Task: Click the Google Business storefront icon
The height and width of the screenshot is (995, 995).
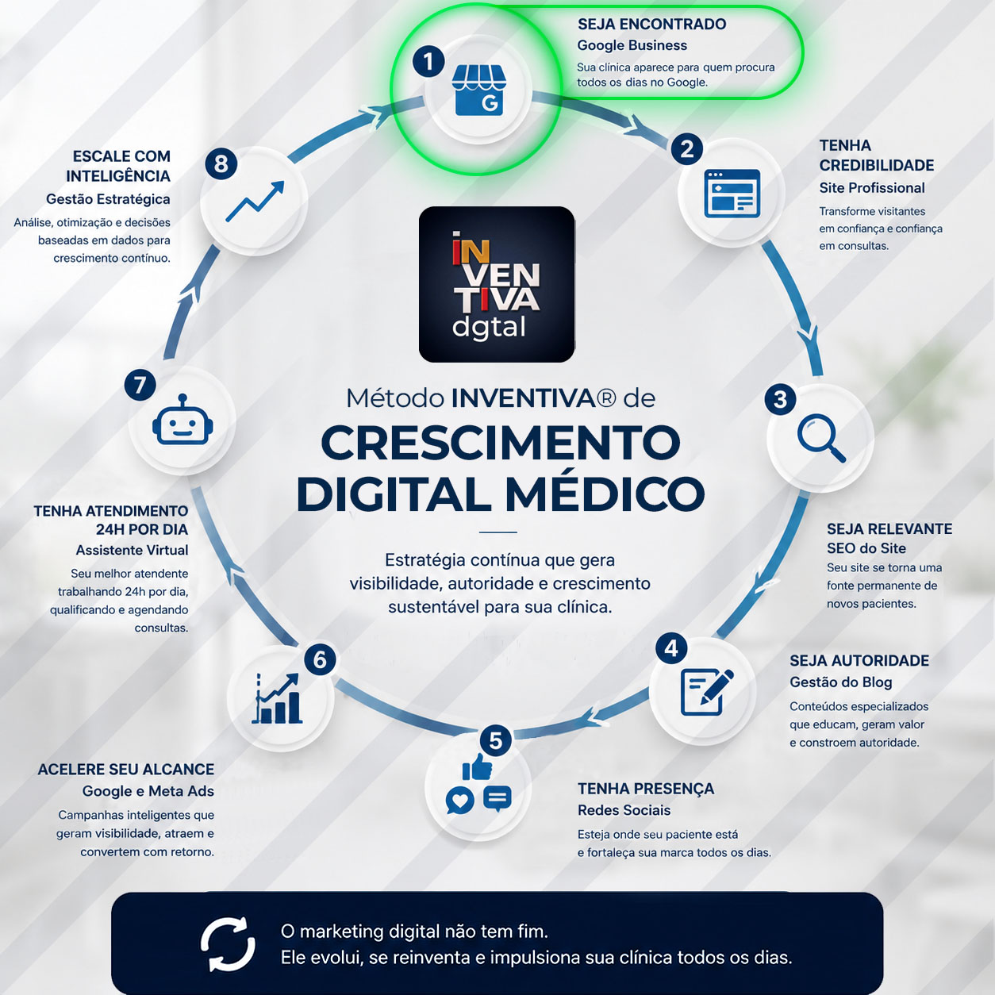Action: tap(478, 91)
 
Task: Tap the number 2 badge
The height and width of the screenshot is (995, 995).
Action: tap(687, 149)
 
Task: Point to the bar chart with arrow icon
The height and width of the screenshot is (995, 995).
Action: tap(277, 698)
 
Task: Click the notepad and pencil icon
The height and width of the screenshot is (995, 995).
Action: tap(707, 692)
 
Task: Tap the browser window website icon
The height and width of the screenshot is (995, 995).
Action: tap(732, 193)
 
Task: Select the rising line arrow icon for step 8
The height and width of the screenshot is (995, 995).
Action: tap(255, 202)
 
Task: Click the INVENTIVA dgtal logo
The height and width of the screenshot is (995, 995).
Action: tap(497, 285)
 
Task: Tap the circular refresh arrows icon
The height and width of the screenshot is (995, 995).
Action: tap(228, 944)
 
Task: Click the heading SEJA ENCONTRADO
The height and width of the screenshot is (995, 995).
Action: tap(651, 25)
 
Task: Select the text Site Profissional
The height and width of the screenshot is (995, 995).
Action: tap(871, 188)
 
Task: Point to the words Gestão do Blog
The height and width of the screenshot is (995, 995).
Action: tap(840, 682)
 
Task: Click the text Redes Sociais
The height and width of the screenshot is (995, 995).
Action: tap(624, 810)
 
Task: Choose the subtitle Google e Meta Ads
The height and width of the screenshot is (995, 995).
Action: tap(148, 791)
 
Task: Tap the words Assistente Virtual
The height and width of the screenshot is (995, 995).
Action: tap(133, 550)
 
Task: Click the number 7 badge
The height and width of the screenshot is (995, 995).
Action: tap(140, 385)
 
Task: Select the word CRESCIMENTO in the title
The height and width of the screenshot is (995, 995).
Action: tap(501, 443)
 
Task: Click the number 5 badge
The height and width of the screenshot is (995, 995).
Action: tap(496, 740)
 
